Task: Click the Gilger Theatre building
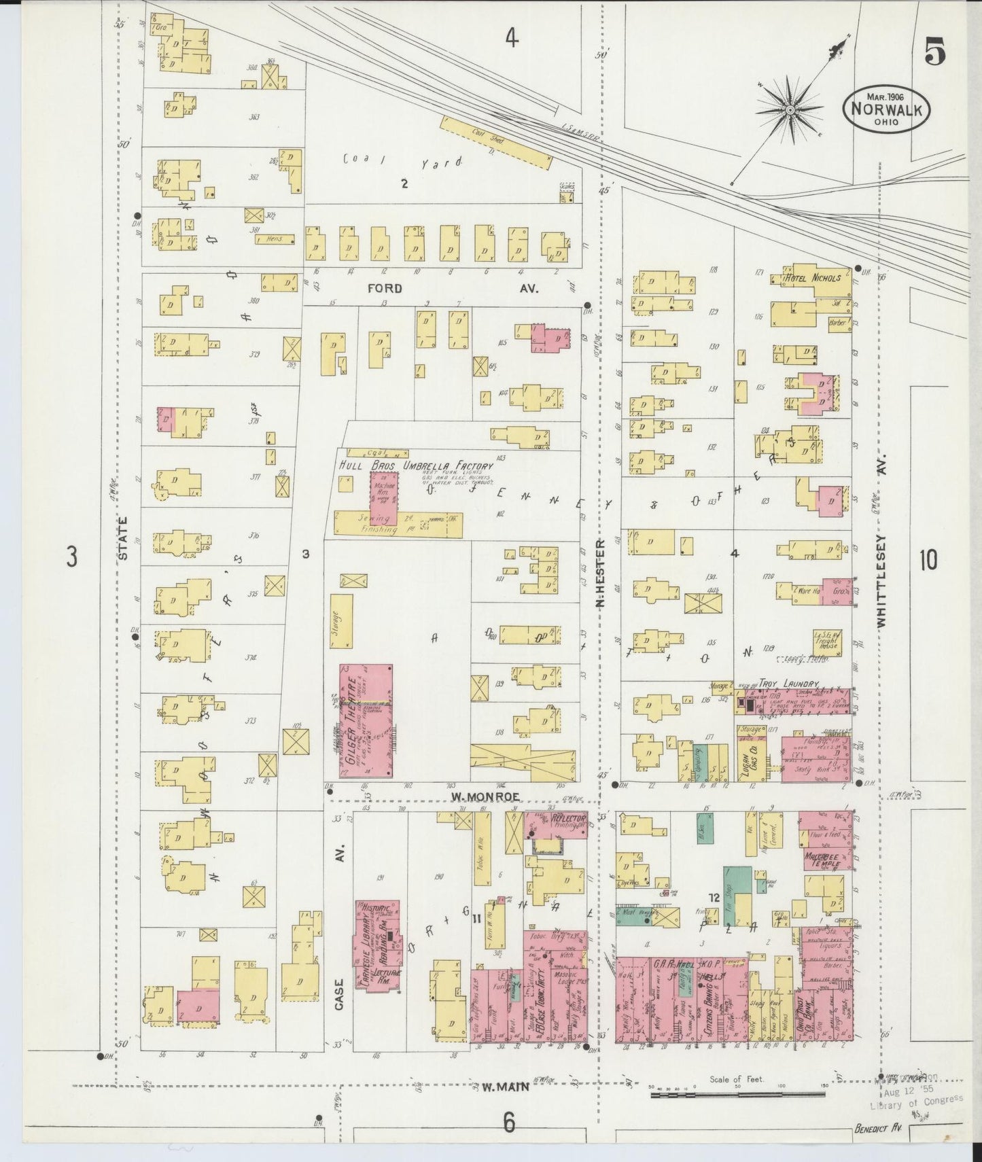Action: pos(366,722)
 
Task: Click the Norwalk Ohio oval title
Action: pos(886,109)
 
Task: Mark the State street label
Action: pos(123,538)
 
